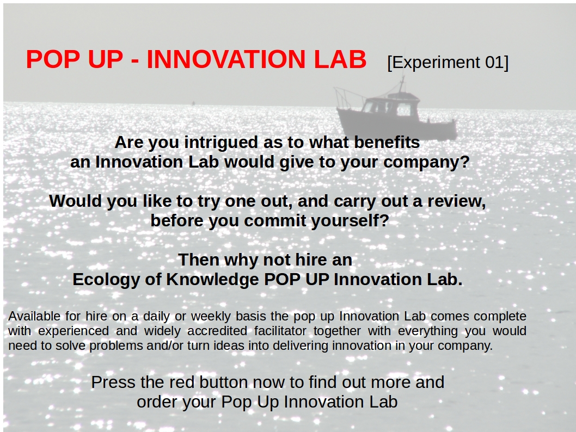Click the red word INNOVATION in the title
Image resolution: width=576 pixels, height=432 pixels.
[226, 59]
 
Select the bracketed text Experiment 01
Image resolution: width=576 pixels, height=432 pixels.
[448, 63]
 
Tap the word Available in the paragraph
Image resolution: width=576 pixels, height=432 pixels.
[34, 316]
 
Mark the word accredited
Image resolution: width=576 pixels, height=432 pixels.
[217, 331]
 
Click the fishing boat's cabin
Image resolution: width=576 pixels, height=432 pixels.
[391, 106]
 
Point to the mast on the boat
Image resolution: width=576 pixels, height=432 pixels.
[402, 84]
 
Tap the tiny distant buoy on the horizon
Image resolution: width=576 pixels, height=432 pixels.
[193, 103]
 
